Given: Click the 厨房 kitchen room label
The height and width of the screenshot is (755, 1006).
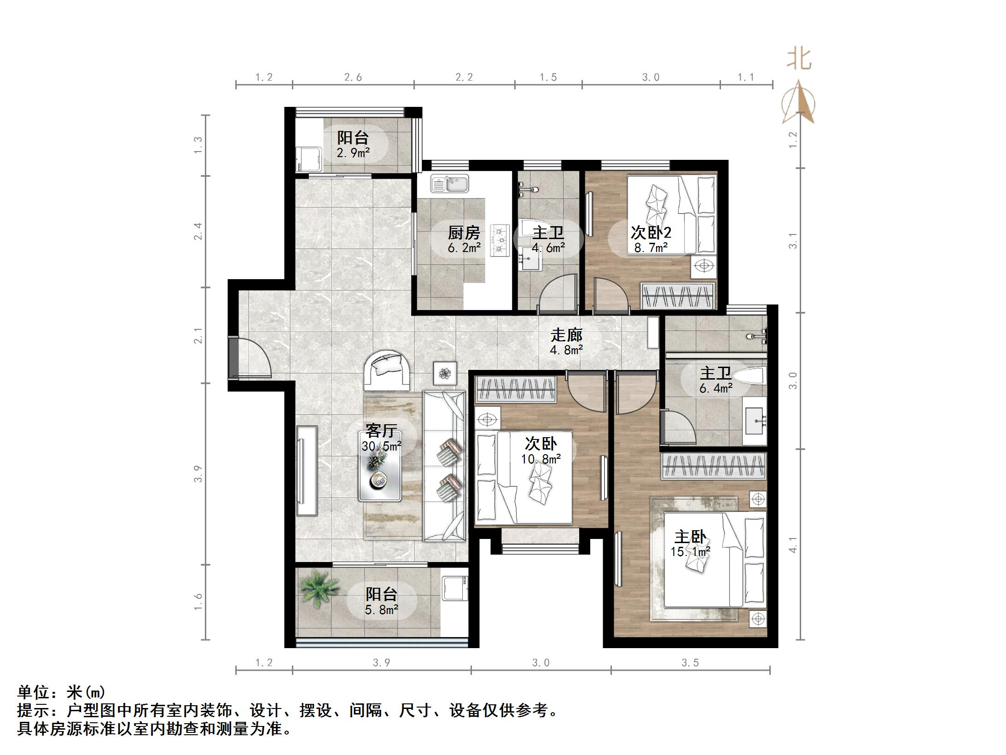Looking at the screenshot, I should tap(464, 240).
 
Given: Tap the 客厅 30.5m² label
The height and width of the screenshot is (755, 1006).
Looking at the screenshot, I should tap(381, 438).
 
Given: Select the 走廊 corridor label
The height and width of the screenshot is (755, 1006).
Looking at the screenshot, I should tap(567, 342).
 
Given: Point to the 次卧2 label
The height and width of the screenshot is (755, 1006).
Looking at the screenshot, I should tap(650, 239).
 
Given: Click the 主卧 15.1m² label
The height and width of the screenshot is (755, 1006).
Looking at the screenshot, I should tap(690, 544).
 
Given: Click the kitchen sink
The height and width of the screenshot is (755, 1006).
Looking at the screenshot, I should tap(449, 184).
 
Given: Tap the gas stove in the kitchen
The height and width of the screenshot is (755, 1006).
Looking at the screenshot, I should tap(500, 240).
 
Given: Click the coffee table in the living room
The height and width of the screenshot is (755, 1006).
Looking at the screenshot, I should tap(380, 466).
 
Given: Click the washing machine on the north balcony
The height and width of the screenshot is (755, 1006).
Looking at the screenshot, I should tap(309, 159).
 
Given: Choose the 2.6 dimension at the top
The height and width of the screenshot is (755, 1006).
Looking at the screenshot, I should tap(353, 77).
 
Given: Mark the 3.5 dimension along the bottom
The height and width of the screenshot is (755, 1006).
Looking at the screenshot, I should tap(690, 663).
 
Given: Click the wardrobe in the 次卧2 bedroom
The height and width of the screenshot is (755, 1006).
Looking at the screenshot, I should tap(678, 295).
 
